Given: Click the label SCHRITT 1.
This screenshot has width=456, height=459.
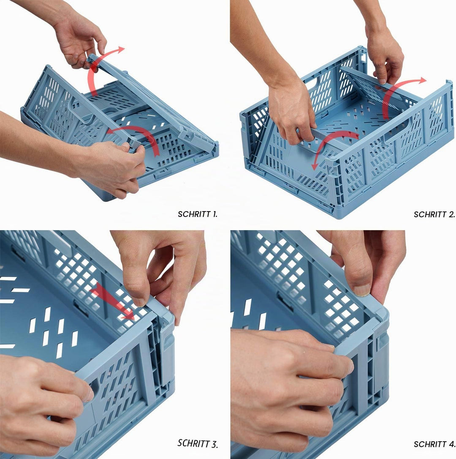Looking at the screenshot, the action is click(x=198, y=214).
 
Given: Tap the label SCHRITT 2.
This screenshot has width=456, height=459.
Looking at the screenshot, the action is click(x=434, y=215).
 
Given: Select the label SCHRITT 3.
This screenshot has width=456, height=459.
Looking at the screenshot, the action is click(x=198, y=443).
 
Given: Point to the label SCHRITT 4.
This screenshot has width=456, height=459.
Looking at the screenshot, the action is click(x=434, y=444).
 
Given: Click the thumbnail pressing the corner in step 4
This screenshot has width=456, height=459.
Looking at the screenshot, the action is click(x=362, y=290).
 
